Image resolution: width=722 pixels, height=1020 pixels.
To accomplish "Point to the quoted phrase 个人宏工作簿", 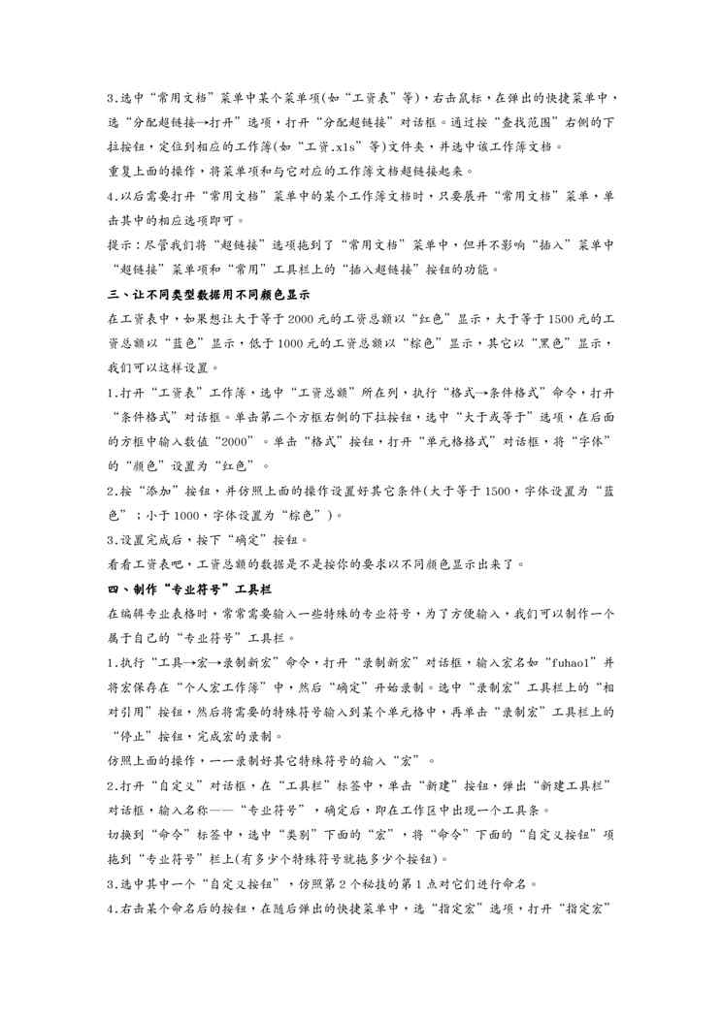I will click(x=215, y=686).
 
